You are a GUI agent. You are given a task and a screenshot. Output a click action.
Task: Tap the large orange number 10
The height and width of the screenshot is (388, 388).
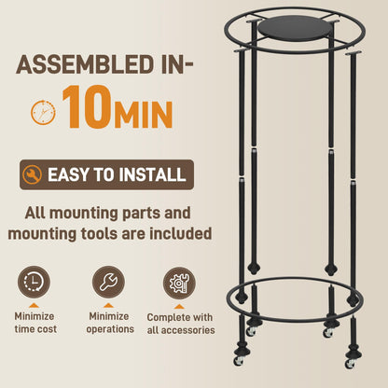click(87, 106)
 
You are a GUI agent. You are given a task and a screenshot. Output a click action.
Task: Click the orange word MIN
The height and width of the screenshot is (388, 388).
click(144, 114)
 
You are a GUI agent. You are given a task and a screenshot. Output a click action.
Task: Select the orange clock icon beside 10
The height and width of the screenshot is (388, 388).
click(43, 112)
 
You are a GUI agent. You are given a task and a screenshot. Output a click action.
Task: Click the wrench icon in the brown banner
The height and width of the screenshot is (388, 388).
click(32, 174)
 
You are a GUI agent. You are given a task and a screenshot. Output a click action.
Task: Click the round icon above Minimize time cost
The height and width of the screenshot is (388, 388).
click(34, 282)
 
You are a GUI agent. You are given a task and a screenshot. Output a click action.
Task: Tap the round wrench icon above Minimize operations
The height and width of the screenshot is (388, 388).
click(108, 282)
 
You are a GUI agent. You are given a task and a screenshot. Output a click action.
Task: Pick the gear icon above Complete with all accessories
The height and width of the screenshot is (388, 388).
click(179, 283)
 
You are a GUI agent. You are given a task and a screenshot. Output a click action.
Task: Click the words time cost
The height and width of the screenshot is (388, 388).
click(35, 329)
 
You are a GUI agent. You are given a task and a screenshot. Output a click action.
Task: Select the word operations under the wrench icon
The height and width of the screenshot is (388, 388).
click(110, 329)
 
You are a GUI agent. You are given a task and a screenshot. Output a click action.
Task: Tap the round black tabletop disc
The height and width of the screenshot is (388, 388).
click(292, 30)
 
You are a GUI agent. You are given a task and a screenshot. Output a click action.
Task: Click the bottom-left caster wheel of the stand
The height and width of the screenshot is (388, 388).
click(239, 361)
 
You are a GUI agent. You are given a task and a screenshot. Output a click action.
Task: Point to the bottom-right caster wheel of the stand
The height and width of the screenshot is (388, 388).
click(350, 364)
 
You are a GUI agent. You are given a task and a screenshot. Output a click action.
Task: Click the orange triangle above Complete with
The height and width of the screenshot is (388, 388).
click(179, 307)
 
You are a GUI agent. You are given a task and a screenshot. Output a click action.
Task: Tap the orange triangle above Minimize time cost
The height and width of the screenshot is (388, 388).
click(34, 306)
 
